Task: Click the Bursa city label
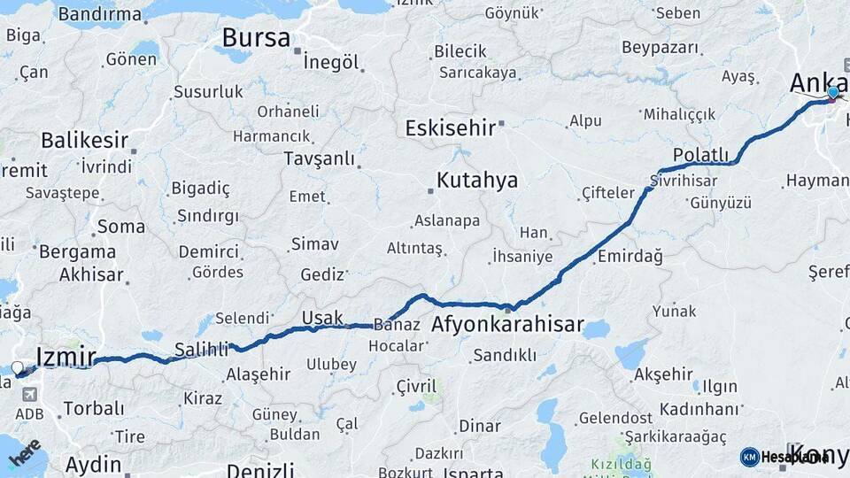pyautogui.click(x=256, y=38)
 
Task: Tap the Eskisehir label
pyautogui.click(x=450, y=127)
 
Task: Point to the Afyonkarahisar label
pyautogui.click(x=507, y=325)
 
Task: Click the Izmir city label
pyautogui.click(x=66, y=357)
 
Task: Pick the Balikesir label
pyautogui.click(x=84, y=141)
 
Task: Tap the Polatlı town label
pyautogui.click(x=700, y=155)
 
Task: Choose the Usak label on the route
pyautogui.click(x=321, y=318)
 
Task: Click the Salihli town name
pyautogui.click(x=202, y=349)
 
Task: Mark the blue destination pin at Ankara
pyautogui.click(x=833, y=93)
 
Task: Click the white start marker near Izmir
pyautogui.click(x=18, y=367)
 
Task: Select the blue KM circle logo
pyautogui.click(x=749, y=457)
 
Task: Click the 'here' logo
pyautogui.click(x=24, y=452)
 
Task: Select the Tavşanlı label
pyautogui.click(x=319, y=158)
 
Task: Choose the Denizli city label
pyautogui.click(x=260, y=469)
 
